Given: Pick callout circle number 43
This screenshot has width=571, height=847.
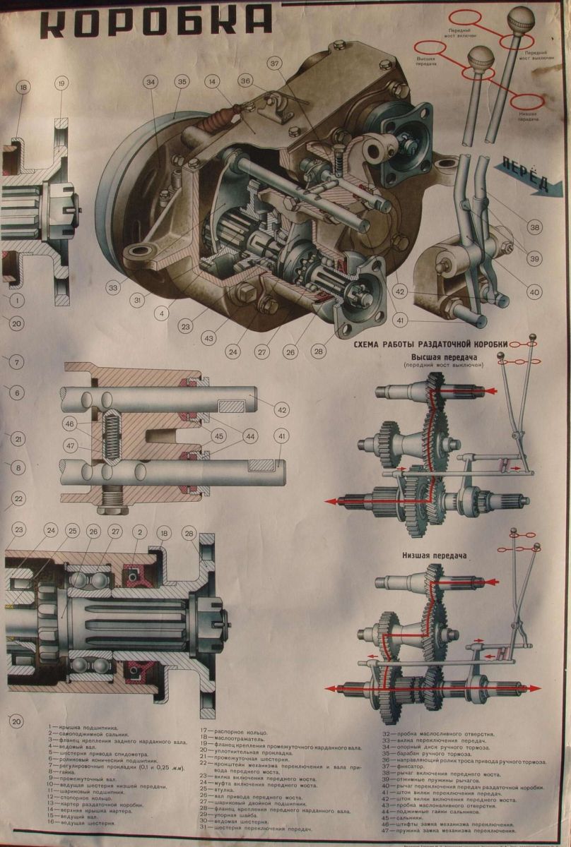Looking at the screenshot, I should pyautogui.click(x=209, y=338).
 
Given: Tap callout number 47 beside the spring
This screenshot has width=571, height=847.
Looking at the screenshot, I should pyautogui.click(x=69, y=445).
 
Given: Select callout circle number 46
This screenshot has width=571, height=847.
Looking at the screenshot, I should pyautogui.click(x=69, y=423).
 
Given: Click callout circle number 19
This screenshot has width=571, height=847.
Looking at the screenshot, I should pyautogui.click(x=61, y=84).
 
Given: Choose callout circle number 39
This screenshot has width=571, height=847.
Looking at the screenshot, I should pyautogui.click(x=534, y=259).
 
